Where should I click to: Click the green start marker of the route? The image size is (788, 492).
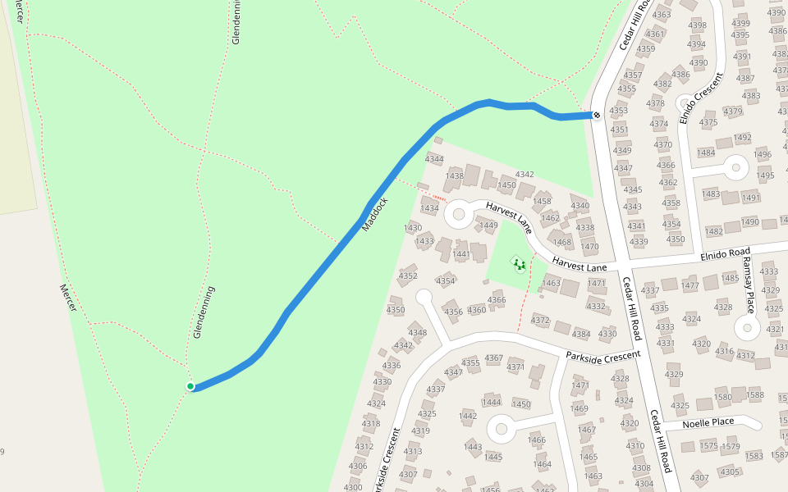click(x=190, y=386)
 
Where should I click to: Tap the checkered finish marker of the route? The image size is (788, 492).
click(x=597, y=116)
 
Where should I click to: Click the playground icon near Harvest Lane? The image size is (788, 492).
click(x=518, y=264)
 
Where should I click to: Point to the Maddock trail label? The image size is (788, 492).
click(x=374, y=214)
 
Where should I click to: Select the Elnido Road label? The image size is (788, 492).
click(x=726, y=254)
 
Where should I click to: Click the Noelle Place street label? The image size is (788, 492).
click(x=711, y=421)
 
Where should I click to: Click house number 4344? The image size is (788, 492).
click(x=434, y=159)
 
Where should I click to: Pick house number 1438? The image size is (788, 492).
click(x=454, y=175)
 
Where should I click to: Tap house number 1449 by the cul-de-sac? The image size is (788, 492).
click(x=489, y=225)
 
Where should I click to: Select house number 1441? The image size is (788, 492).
click(x=461, y=254)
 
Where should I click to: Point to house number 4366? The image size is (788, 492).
click(x=497, y=300)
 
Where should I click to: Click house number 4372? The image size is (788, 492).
click(x=540, y=320)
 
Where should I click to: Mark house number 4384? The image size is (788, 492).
click(x=581, y=334)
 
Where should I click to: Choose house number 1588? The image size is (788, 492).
click(x=754, y=395)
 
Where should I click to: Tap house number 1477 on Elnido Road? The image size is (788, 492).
click(x=690, y=285)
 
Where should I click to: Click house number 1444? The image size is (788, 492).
click(x=491, y=402)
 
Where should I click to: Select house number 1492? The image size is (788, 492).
click(x=742, y=138)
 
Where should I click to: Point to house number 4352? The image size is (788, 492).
click(x=408, y=276)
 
